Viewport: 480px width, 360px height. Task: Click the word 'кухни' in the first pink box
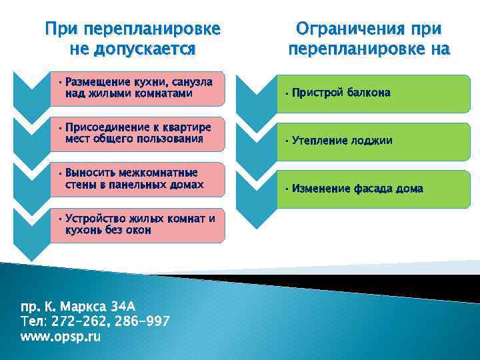(137, 83)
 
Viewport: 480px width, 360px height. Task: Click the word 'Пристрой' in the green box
(317, 93)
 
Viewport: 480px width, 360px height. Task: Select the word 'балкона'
(369, 93)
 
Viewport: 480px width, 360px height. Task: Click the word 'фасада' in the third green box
(370, 189)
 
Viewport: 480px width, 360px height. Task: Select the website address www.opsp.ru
(61, 337)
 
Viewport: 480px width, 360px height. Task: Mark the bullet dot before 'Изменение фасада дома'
(285, 189)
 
